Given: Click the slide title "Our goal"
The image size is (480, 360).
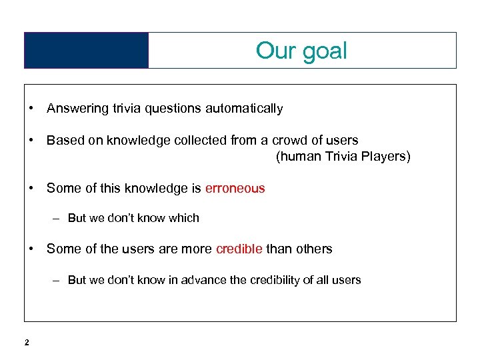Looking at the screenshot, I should pyautogui.click(x=301, y=51).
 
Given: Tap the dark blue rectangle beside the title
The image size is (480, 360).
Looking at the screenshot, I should pyautogui.click(x=86, y=51).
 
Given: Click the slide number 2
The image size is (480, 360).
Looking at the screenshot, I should pyautogui.click(x=27, y=343).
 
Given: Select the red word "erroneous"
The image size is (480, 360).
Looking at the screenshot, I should pyautogui.click(x=235, y=189).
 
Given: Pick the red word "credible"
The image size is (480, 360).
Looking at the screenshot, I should pyautogui.click(x=239, y=249).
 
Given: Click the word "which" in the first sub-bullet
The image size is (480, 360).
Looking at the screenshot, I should pyautogui.click(x=185, y=218).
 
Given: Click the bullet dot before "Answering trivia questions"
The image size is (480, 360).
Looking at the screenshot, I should pyautogui.click(x=31, y=108).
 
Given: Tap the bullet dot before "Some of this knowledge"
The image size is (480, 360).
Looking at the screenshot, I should pyautogui.click(x=31, y=189).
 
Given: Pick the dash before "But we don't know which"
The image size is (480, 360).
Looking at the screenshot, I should pyautogui.click(x=58, y=218).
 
